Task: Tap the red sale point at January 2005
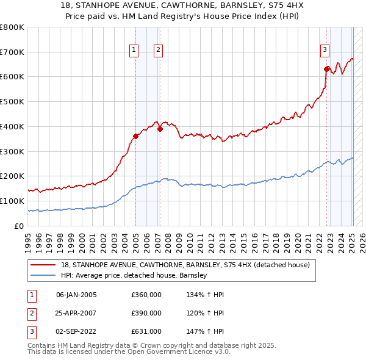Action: (x=135, y=136)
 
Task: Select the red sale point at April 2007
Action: (x=160, y=129)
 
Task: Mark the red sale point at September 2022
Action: (x=327, y=69)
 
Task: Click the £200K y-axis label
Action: (x=12, y=176)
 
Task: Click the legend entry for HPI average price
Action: (x=134, y=275)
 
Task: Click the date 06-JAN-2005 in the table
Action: (x=76, y=295)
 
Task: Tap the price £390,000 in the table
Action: (x=146, y=313)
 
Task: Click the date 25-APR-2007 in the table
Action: (x=76, y=313)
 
